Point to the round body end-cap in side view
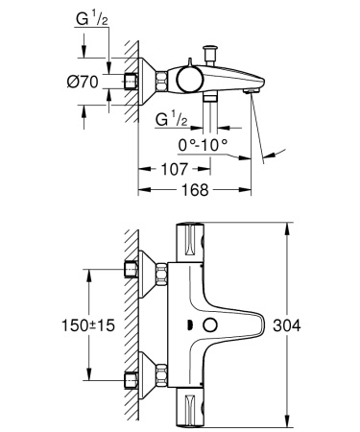click(189, 82)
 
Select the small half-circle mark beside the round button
click(190, 326)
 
